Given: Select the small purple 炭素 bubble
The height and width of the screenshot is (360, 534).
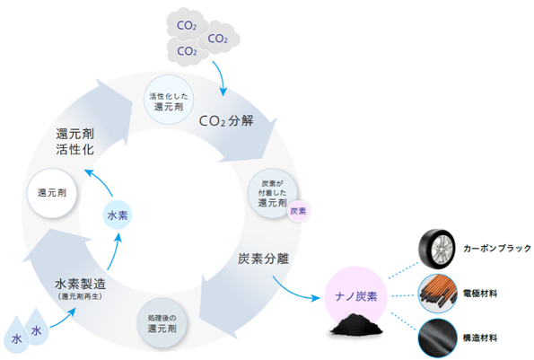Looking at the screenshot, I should tap(299, 211).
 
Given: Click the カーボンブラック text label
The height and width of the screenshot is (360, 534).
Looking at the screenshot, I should tap(498, 248).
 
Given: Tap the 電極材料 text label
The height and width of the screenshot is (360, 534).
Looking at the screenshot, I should tap(483, 294).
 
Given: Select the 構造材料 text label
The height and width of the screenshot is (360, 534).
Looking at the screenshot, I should tap(483, 338).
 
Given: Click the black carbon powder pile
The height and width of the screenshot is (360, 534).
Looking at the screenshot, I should tap(355, 329).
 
